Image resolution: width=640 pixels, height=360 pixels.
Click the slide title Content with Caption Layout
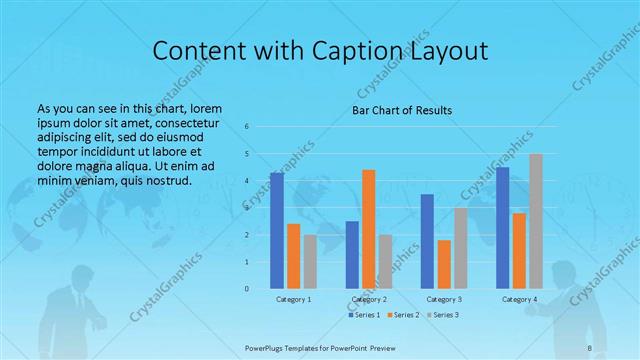pyautogui.click(x=320, y=51)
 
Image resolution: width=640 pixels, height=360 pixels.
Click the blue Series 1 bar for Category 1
pyautogui.click(x=277, y=230)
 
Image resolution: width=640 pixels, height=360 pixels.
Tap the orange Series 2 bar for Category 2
pyautogui.click(x=369, y=229)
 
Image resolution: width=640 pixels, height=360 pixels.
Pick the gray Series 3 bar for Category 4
pyautogui.click(x=536, y=221)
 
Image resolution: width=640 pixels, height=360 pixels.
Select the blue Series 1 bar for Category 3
pyautogui.click(x=427, y=241)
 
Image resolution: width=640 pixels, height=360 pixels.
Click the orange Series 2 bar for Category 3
pyautogui.click(x=444, y=264)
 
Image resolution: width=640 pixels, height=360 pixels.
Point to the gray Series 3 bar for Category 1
pyautogui.click(x=310, y=262)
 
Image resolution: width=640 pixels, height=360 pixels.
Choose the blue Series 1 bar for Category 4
pyautogui.click(x=502, y=227)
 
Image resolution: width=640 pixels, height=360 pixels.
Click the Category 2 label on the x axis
pyautogui.click(x=369, y=299)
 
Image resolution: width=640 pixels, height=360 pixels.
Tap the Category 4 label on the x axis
pyautogui.click(x=519, y=299)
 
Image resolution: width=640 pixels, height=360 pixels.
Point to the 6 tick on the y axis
pyautogui.click(x=247, y=127)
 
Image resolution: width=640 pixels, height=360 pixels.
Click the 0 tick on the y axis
pyautogui.click(x=247, y=289)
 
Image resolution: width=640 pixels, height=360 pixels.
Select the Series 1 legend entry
pyautogui.click(x=364, y=315)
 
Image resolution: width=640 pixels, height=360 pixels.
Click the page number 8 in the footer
pyautogui.click(x=590, y=348)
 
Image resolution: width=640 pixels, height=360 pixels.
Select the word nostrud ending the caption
pyautogui.click(x=166, y=181)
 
